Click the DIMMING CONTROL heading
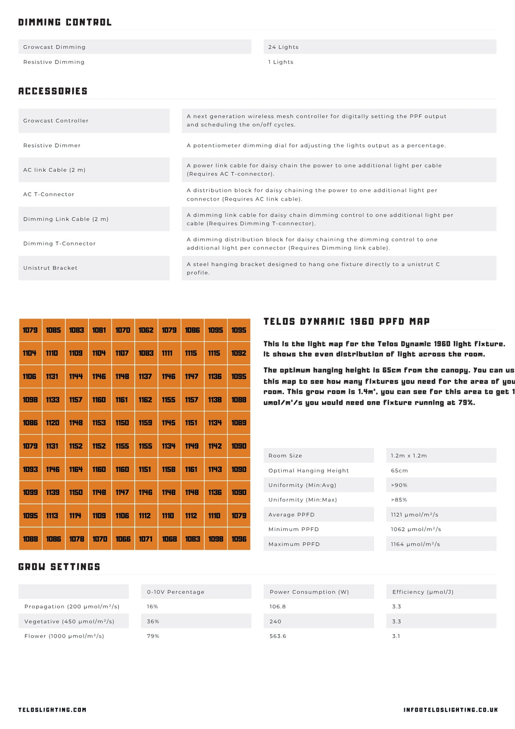pyautogui.click(x=65, y=22)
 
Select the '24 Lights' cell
pyautogui.click(x=283, y=47)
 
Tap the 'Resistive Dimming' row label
pyautogui.click(x=54, y=62)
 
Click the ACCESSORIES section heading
pyautogui.click(x=53, y=91)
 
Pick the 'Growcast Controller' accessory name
pyautogui.click(x=56, y=121)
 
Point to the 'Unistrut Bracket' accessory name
pyautogui.click(x=50, y=268)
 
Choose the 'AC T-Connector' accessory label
pyautogui.click(x=49, y=194)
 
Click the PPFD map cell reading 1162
pyautogui.click(x=145, y=400)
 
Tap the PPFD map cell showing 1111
pyautogui.click(x=167, y=353)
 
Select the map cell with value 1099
pyautogui.click(x=30, y=492)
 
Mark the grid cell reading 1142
pyautogui.click(x=215, y=446)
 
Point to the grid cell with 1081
pyautogui.click(x=99, y=330)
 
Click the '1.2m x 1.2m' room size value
pyautogui.click(x=409, y=456)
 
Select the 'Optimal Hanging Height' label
pyautogui.click(x=308, y=471)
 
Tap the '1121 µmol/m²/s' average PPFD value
pyautogui.click(x=415, y=515)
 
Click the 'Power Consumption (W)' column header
pyautogui.click(x=309, y=592)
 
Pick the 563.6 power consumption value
pyautogui.click(x=278, y=636)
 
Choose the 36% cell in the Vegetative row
pyautogui.click(x=153, y=621)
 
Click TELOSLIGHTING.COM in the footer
pyautogui.click(x=53, y=710)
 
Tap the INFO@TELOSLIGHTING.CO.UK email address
pyautogui.click(x=451, y=710)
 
